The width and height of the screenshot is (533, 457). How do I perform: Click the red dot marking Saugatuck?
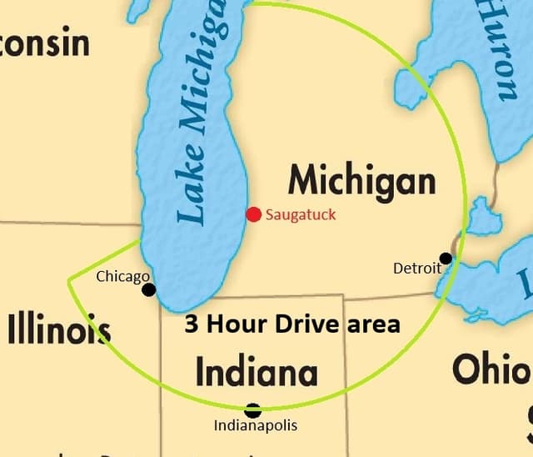pyautogui.click(x=254, y=214)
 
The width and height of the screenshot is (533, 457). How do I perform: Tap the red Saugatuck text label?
pyautogui.click(x=301, y=215)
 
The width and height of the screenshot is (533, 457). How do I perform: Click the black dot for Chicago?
pyautogui.click(x=149, y=289)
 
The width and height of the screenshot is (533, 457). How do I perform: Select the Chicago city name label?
pyautogui.click(x=122, y=276)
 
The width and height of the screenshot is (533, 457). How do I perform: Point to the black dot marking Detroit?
pyautogui.click(x=446, y=259)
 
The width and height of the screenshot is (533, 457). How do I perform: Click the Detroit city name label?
pyautogui.click(x=416, y=268)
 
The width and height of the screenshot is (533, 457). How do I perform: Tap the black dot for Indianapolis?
pyautogui.click(x=253, y=409)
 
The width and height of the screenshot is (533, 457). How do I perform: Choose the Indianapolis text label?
pyautogui.click(x=255, y=426)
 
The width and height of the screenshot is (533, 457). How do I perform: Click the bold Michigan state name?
pyautogui.click(x=361, y=181)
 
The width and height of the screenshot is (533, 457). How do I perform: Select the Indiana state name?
pyautogui.click(x=257, y=372)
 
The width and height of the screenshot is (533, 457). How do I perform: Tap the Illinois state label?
pyautogui.click(x=58, y=329)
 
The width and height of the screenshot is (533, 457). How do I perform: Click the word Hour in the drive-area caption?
pyautogui.click(x=238, y=324)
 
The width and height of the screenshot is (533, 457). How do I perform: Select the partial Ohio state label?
pyautogui.click(x=491, y=369)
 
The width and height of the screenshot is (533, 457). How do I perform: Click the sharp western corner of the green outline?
pyautogui.click(x=68, y=280)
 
